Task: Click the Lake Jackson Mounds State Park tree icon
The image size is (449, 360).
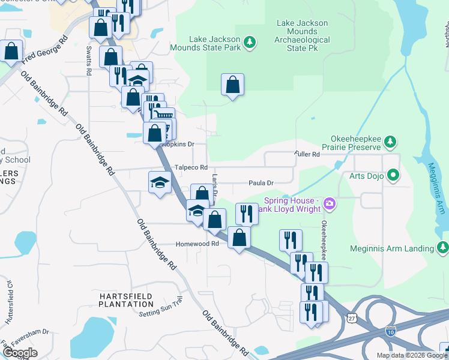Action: point(250,42)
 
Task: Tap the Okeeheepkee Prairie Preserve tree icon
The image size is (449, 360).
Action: point(391,142)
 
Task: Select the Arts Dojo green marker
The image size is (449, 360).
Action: point(394,175)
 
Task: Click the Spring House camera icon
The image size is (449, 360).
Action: point(329,205)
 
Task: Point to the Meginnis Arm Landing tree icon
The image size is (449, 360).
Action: point(442,247)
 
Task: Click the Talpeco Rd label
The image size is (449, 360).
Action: point(191,167)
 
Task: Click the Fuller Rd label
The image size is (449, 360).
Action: point(307,154)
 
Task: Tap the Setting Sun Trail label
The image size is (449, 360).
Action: point(160,310)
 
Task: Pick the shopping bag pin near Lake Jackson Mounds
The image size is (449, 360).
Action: point(232,85)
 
